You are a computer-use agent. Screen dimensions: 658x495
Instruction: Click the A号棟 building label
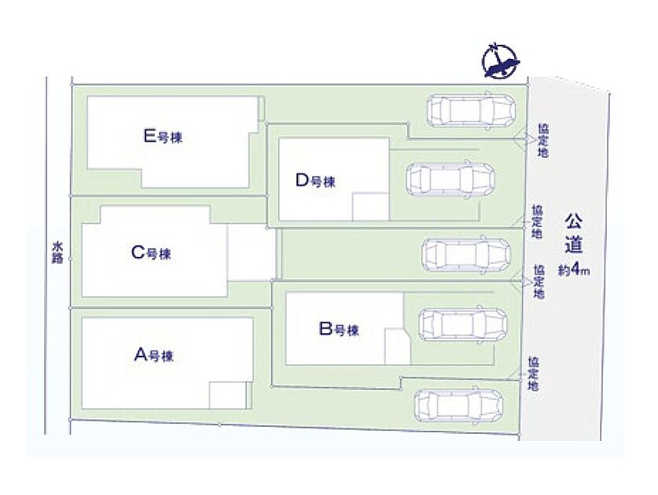153,356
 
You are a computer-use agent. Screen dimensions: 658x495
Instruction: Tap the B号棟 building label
339,329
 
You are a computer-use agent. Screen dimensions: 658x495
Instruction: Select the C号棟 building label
151,253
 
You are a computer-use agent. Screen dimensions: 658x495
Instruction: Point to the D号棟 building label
315,181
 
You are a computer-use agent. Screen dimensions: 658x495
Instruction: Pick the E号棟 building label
163,137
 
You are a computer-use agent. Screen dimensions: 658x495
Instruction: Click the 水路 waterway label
57,252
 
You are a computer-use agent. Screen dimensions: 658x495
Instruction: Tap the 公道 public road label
574,233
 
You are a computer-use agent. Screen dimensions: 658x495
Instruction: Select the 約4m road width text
574,270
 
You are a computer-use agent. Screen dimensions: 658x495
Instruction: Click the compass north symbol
500,61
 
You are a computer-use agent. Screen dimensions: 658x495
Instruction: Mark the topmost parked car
471,110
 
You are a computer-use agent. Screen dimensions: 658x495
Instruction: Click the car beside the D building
450,178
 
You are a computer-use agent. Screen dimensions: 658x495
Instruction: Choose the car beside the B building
463,324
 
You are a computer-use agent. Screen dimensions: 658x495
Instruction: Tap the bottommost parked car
458,405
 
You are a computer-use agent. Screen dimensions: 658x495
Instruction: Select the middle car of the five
466,255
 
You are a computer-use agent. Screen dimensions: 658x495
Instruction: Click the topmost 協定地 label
543,141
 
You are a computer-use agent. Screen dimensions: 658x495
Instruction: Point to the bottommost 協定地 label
533,373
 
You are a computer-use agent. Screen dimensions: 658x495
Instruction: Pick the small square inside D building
370,207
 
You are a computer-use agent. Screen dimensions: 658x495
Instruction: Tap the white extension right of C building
252,252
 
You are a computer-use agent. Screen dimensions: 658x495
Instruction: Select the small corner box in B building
398,346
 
